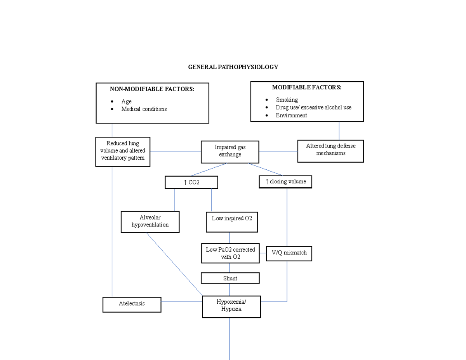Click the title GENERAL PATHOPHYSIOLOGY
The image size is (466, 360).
pos(233,67)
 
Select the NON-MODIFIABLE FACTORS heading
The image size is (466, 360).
pos(152,89)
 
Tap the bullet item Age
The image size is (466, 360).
pos(126,101)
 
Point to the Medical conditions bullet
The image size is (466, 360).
pos(144,109)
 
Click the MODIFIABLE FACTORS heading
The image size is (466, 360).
pos(307,87)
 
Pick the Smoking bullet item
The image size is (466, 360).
pos(287,100)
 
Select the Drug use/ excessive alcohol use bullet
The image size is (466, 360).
pos(313,107)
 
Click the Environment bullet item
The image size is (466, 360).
pos(291,115)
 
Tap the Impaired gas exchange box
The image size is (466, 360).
pos(230,151)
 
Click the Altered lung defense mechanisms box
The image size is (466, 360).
pos(330,151)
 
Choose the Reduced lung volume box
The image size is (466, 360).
pos(123,151)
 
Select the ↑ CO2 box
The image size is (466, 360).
pos(191,182)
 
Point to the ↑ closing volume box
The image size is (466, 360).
pos(285,182)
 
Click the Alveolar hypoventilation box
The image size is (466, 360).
pos(150,221)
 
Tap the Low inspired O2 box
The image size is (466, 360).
pos(232,221)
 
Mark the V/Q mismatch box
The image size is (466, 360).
pos(289,253)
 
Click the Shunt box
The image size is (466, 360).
pos(230,278)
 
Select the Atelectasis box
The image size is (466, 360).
pos(132,304)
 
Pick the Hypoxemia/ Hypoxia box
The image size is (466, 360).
pos(231,306)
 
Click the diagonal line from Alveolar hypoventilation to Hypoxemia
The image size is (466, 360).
pos(174,264)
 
